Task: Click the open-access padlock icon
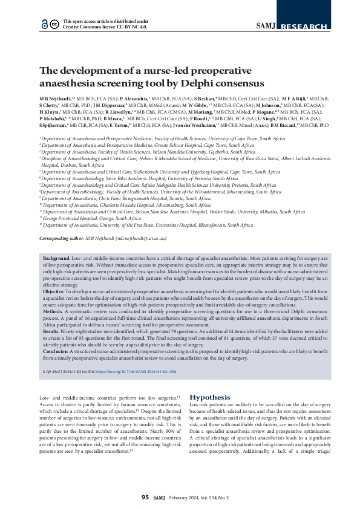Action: coord(44,24)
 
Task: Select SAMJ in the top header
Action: coord(267,26)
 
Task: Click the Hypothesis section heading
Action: coord(210,397)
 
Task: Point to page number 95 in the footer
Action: coord(145,497)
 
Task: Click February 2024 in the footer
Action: coord(188,497)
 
